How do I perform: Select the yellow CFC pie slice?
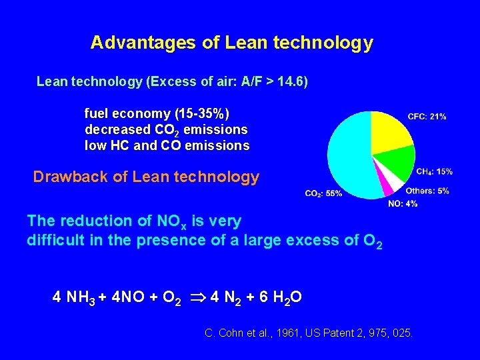(390, 131)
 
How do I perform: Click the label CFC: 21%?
(427, 117)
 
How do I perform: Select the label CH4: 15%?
(434, 171)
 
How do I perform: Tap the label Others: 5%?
(427, 191)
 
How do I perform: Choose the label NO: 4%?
(403, 203)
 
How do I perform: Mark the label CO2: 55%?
(323, 193)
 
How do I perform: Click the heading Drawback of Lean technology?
(146, 177)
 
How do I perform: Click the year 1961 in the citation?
(275, 331)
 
